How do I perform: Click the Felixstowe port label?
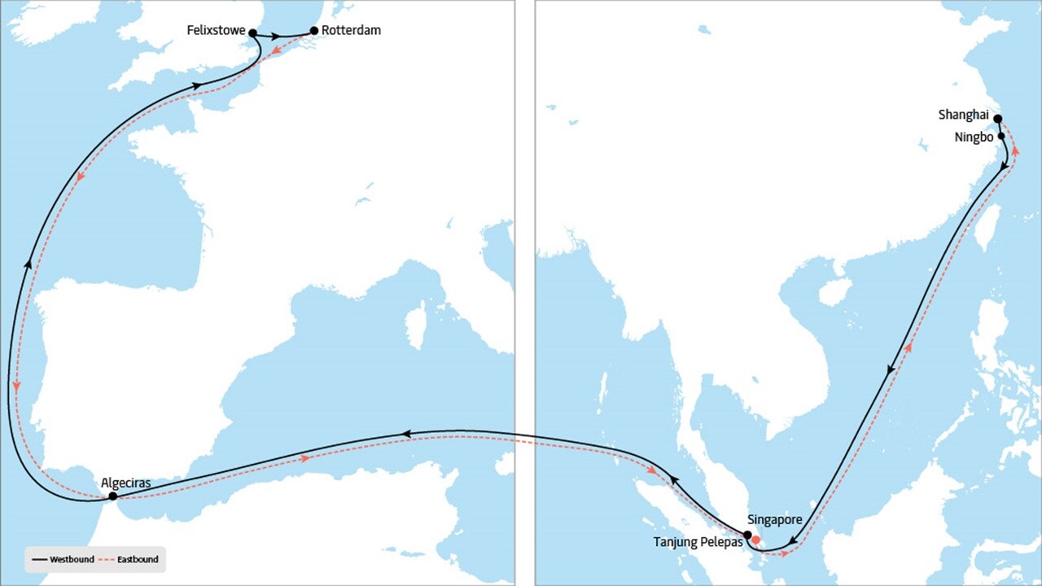(x=216, y=30)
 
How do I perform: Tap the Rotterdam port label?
(x=351, y=30)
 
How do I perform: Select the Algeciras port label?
(x=126, y=482)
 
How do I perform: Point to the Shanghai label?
(x=964, y=116)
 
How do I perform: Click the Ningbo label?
(x=974, y=138)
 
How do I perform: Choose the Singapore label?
(x=774, y=519)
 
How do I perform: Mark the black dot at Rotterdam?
(x=314, y=31)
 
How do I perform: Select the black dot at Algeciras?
(x=112, y=496)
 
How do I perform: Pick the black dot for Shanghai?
(x=998, y=118)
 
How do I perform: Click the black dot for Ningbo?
(x=1001, y=137)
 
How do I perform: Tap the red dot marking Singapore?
(x=755, y=540)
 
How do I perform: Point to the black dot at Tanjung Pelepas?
(x=747, y=535)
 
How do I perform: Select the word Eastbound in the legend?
(x=137, y=560)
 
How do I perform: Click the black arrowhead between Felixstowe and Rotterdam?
(x=277, y=37)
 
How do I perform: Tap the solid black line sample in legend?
(x=39, y=560)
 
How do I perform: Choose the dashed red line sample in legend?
(x=107, y=560)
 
